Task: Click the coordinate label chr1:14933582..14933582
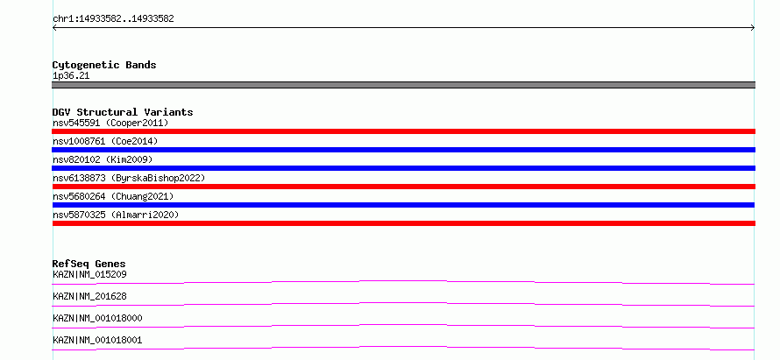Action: pos(113,19)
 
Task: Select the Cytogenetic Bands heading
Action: pos(104,65)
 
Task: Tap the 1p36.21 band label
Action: pos(71,76)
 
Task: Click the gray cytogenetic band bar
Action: pos(403,85)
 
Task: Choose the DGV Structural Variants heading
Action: pos(123,112)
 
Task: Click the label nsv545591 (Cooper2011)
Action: pos(111,123)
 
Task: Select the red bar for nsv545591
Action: pos(403,131)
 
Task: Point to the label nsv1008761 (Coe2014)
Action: pos(105,141)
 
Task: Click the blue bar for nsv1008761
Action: pos(403,150)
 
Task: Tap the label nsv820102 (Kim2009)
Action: pos(103,159)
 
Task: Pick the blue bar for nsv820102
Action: pos(403,168)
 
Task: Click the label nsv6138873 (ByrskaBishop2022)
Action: pos(129,178)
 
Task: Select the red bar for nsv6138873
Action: pos(403,187)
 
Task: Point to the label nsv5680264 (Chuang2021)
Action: pos(113,196)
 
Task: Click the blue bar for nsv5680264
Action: pos(403,205)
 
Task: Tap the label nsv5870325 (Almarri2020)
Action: pos(116,215)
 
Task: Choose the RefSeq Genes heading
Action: pos(89,264)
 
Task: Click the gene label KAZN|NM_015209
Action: pos(86,274)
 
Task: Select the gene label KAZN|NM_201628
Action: pos(89,296)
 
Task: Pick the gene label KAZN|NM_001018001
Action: pos(97,340)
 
